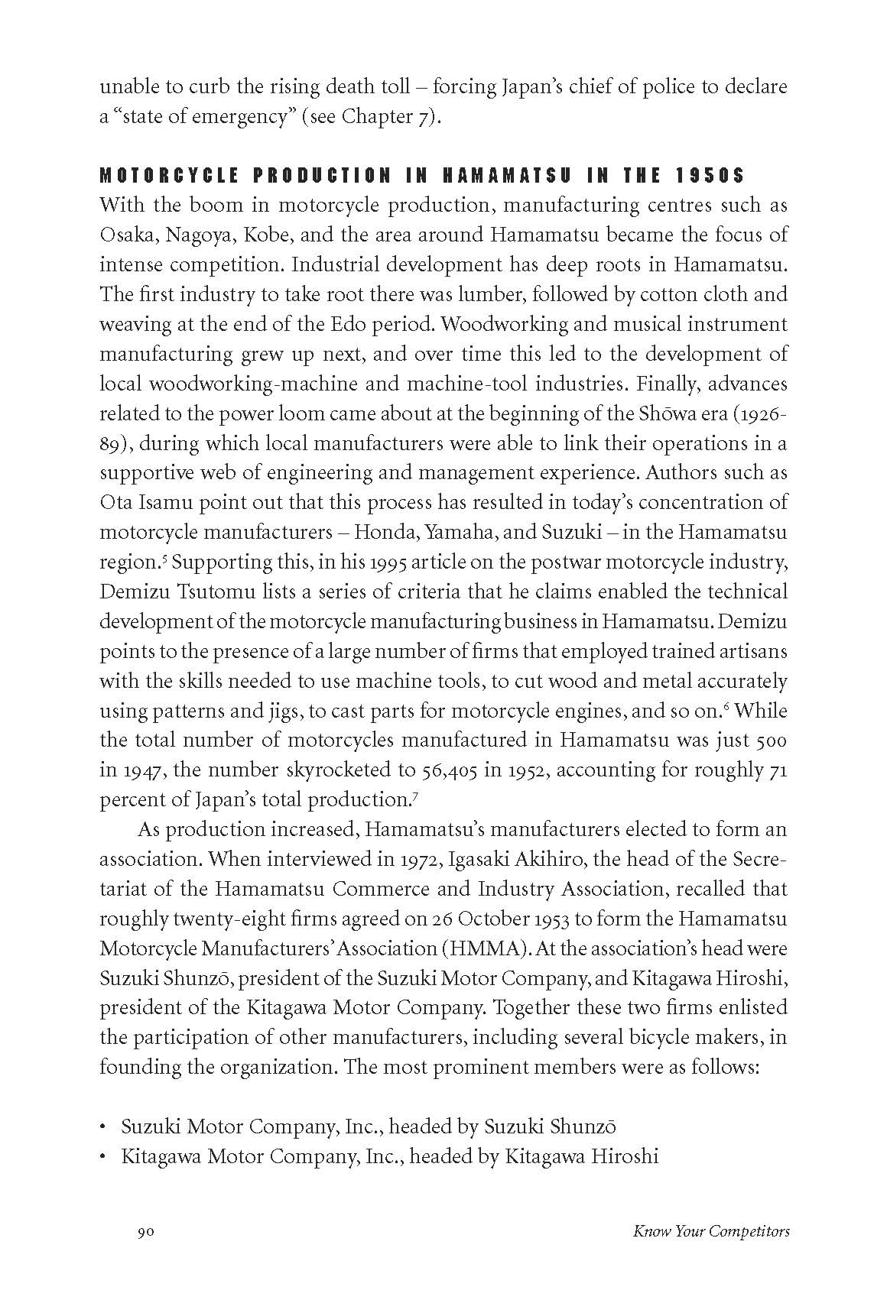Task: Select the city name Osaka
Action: pyautogui.click(x=125, y=235)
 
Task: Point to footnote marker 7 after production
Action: pyautogui.click(x=413, y=795)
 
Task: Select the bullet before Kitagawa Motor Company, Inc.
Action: pyautogui.click(x=103, y=1157)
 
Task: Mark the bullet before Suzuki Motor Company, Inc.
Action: pyautogui.click(x=103, y=1127)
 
